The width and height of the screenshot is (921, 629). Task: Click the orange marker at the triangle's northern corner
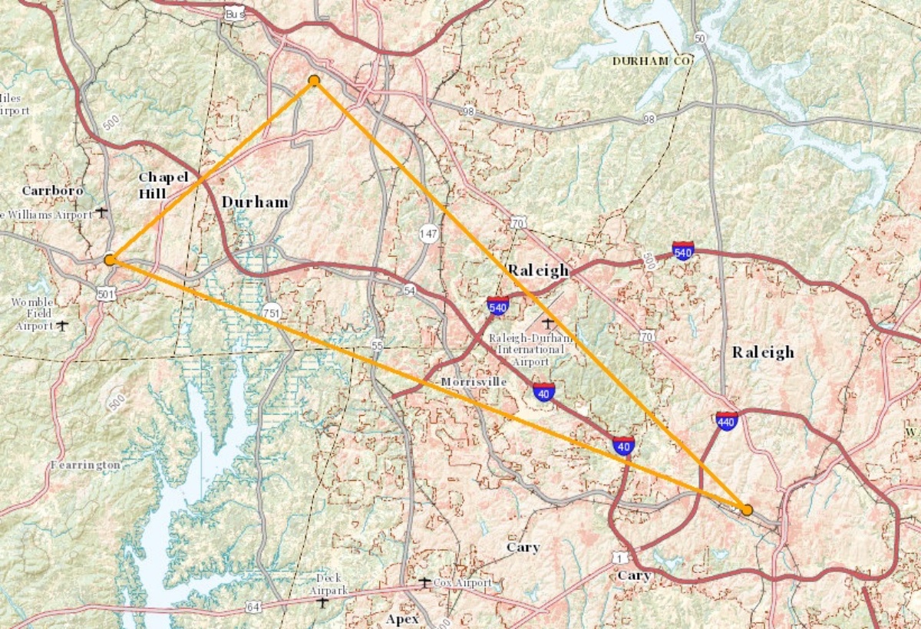coord(314,81)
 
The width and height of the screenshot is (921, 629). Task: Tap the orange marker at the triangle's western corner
coord(110,260)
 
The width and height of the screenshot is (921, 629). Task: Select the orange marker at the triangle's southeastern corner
coord(746,509)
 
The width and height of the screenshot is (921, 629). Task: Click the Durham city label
coord(255,203)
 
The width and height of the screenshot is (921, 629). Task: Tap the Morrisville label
coord(474,382)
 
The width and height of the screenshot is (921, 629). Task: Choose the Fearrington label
coord(86,466)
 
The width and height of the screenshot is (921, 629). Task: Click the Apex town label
coord(402,619)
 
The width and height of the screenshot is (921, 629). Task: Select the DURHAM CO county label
coord(652,60)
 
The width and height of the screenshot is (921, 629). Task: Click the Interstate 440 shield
coord(726,420)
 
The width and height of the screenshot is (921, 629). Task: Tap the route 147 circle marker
coord(428,232)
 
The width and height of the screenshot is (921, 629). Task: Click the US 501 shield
coord(107,293)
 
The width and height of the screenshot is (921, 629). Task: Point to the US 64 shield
coord(253,607)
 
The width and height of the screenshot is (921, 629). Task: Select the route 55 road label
coord(376,345)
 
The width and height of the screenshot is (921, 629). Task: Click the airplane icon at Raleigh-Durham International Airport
coord(547,322)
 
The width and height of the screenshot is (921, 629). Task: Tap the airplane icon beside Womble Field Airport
coord(62,325)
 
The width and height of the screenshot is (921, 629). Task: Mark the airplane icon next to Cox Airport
coord(424,583)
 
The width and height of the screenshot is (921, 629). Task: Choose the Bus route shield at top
coord(235,14)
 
